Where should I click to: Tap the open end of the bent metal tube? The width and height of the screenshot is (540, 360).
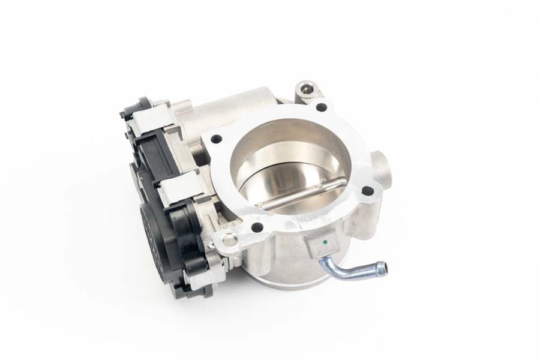tap(382, 268)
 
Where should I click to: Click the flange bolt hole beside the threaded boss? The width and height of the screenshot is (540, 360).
tap(322, 107)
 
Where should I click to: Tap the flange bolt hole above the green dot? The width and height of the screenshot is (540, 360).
tap(367, 191)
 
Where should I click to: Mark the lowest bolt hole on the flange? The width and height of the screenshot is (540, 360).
tap(257, 227)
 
